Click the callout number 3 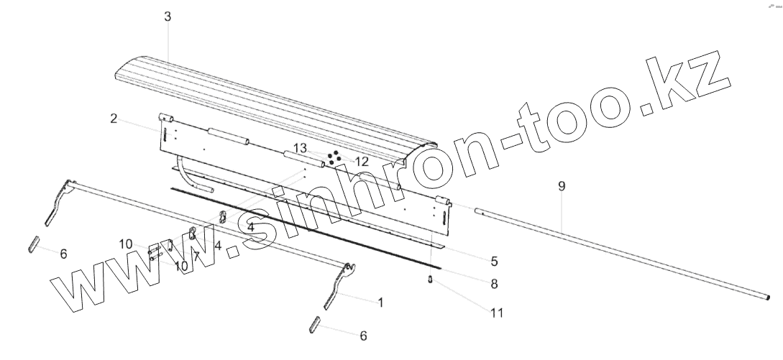(168, 17)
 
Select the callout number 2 (114, 119)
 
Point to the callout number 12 (361, 162)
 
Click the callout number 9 (562, 186)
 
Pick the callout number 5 (494, 261)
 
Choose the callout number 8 (494, 284)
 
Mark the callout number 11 (496, 313)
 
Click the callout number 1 (380, 303)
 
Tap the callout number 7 (196, 257)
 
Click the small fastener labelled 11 (430, 280)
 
